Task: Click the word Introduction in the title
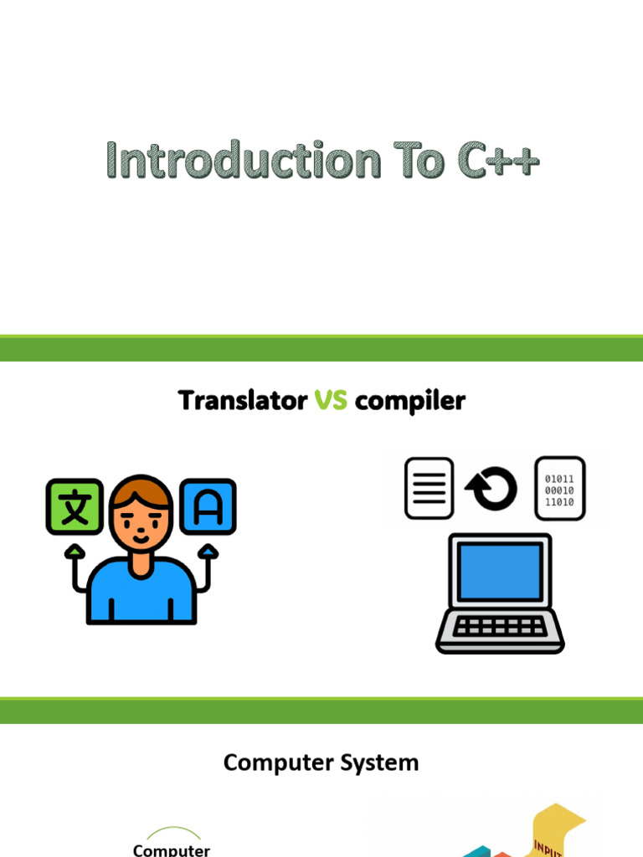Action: click(x=244, y=160)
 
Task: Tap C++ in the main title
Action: click(x=498, y=160)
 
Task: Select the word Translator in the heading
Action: click(x=243, y=400)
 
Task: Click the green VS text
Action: click(x=331, y=400)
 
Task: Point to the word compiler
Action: click(x=410, y=402)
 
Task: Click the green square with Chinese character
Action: click(x=75, y=506)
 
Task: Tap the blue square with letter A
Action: click(x=208, y=506)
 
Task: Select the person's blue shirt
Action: click(x=141, y=593)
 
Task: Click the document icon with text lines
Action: click(x=430, y=488)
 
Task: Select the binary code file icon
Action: click(x=560, y=488)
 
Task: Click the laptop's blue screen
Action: click(x=501, y=571)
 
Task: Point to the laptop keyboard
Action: click(x=500, y=626)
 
